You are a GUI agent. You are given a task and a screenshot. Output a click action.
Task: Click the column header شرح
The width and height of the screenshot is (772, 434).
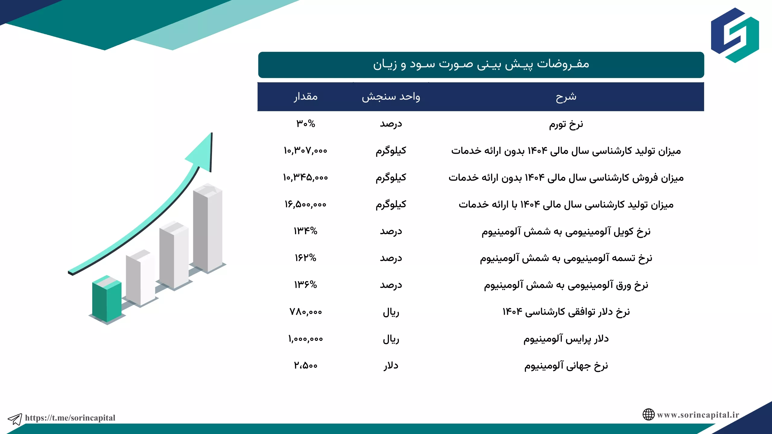pos(566,97)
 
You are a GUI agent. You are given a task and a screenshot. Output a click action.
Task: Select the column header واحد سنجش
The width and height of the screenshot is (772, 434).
pos(391,97)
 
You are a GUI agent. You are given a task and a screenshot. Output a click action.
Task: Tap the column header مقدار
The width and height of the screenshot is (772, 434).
pos(306,97)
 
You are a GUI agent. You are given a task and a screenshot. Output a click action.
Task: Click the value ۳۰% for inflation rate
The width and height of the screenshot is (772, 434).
pos(306,124)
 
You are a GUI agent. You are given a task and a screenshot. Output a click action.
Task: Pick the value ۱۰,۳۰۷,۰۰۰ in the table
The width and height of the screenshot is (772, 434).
pos(305,150)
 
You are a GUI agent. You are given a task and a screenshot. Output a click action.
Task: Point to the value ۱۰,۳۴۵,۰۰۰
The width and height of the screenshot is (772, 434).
pos(305,177)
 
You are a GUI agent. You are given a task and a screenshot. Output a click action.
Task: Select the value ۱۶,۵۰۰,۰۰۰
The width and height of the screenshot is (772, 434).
pos(305,204)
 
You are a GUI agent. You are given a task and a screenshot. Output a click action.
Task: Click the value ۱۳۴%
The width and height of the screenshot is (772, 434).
pos(305,231)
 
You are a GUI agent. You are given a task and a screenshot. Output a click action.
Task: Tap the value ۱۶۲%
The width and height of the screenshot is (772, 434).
pos(305,258)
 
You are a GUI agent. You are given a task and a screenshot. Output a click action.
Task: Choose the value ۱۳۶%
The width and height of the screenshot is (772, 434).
pos(305,285)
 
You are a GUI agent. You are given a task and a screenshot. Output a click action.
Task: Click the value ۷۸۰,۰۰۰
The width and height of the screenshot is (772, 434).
pos(306,312)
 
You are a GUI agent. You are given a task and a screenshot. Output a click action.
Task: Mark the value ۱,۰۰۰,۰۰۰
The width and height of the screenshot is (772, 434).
pos(305,339)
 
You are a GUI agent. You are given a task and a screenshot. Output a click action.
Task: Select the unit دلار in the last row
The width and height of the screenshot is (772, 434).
pos(391,366)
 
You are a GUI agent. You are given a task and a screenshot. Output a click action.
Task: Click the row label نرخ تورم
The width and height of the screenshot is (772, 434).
pos(566,124)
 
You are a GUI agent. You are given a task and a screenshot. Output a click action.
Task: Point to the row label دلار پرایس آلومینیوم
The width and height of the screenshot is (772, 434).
pos(566,339)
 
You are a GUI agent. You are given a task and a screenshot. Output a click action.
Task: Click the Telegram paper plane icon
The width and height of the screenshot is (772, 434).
pos(15,419)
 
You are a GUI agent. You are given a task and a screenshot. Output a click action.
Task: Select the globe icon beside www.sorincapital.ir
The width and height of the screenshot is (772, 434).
pos(648,415)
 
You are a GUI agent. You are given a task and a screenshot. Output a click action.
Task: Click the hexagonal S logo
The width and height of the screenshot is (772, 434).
pos(735,35)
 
